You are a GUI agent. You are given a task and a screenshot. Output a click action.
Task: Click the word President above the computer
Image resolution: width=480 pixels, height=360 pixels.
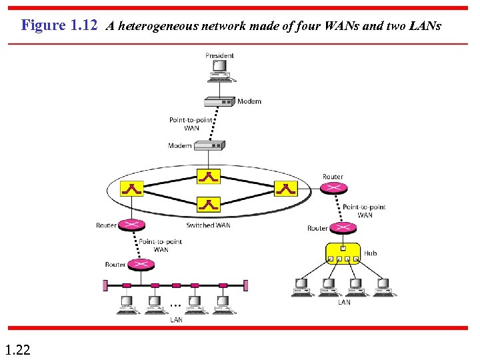pyautogui.click(x=219, y=55)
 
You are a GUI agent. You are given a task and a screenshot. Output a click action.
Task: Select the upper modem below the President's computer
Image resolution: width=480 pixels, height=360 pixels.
pyautogui.click(x=219, y=101)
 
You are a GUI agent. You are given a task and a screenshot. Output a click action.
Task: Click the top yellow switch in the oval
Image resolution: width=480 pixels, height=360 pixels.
pyautogui.click(x=209, y=176)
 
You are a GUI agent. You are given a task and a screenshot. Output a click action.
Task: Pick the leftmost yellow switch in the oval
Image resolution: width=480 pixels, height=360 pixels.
pyautogui.click(x=132, y=189)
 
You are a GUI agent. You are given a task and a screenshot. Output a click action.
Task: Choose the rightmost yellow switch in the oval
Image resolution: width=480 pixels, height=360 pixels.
pyautogui.click(x=285, y=189)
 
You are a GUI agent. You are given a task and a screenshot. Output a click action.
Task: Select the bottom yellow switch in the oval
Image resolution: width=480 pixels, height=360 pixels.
pyautogui.click(x=209, y=204)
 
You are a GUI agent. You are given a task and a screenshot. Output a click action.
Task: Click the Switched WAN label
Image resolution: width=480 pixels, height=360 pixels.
pyautogui.click(x=208, y=225)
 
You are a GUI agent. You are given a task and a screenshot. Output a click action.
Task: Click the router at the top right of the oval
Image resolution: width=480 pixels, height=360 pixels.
pyautogui.click(x=333, y=188)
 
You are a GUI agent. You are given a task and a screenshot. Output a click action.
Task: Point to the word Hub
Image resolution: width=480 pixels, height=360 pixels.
pyautogui.click(x=370, y=253)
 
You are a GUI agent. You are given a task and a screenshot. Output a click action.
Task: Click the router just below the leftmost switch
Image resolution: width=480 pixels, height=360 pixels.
pyautogui.click(x=132, y=225)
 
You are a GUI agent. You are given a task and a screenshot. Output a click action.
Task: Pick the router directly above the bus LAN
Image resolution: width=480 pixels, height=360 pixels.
pyautogui.click(x=141, y=265)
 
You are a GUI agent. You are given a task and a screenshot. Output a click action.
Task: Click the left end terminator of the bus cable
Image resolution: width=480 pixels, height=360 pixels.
pyautogui.click(x=105, y=285)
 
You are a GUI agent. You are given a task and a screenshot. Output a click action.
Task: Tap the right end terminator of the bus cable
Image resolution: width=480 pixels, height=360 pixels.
pyautogui.click(x=245, y=285)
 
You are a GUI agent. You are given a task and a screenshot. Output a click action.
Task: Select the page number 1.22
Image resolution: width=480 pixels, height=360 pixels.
pyautogui.click(x=17, y=349)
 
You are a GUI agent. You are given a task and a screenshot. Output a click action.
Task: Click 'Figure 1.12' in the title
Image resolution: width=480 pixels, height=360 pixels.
pyautogui.click(x=59, y=25)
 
